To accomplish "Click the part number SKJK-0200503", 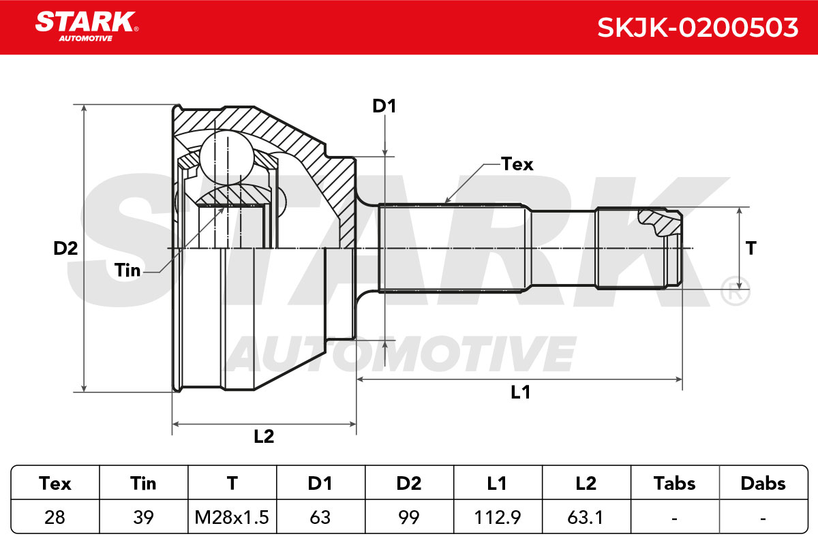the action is pos(697,28).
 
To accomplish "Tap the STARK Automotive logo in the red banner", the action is pos(87,27).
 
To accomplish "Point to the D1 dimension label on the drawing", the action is pos(384,106).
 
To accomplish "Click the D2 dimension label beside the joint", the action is pos(65,249).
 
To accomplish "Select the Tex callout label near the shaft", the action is pos(517,164).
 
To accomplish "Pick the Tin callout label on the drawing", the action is pos(127,270).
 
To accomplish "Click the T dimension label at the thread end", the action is pos(751,249).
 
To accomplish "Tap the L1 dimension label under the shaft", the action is pos(520,392).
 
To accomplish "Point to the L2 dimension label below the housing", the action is pos(264,437).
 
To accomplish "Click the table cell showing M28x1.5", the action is pos(232,517).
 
